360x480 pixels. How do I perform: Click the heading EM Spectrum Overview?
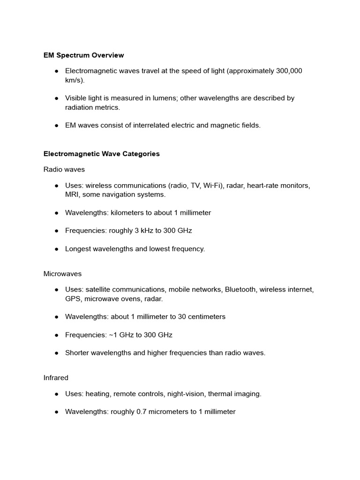point(83,55)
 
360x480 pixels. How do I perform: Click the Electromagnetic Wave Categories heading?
point(101,154)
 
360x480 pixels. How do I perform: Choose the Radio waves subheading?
point(64,169)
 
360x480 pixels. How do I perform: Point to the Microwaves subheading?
point(63,273)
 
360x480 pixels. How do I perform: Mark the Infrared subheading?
point(56,377)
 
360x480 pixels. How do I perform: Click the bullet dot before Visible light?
point(56,98)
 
